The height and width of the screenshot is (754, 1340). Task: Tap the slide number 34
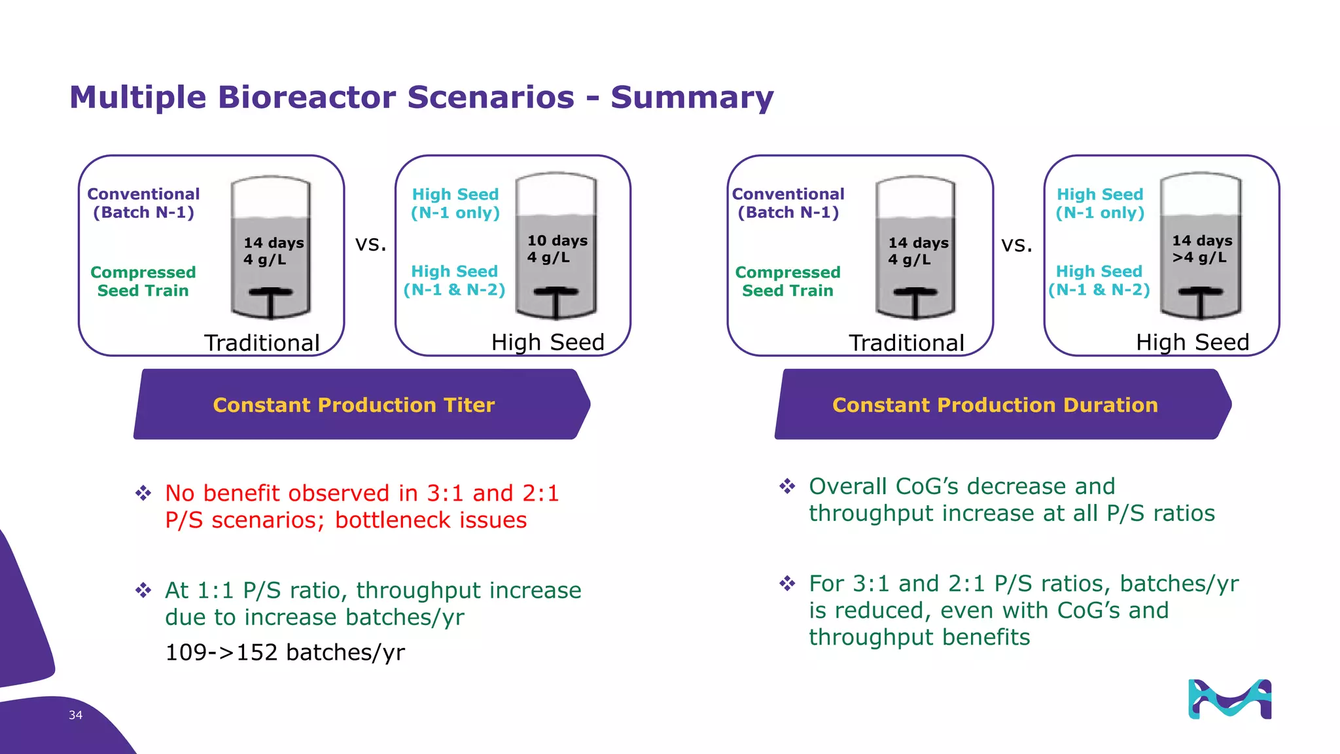tap(75, 715)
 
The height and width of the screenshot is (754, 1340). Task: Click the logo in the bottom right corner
tap(1229, 700)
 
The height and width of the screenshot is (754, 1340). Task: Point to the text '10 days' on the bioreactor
tap(557, 241)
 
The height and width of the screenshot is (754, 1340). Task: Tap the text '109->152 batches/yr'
tap(285, 653)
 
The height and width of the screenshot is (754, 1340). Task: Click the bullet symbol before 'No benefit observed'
tap(143, 493)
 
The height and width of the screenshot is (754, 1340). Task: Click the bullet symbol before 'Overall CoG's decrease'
tap(787, 486)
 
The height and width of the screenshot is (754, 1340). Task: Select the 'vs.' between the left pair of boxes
tap(370, 244)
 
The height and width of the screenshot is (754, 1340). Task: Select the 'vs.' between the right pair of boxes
tap(1016, 245)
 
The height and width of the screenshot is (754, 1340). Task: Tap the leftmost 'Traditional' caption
tap(262, 343)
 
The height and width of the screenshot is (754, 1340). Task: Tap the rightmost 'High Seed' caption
tap(1192, 342)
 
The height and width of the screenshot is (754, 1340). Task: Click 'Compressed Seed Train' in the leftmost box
tap(143, 281)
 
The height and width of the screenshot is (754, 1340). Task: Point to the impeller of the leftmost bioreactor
tap(270, 298)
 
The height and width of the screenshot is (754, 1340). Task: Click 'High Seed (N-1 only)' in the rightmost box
tap(1100, 204)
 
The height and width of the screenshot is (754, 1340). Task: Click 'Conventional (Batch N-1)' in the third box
tap(788, 204)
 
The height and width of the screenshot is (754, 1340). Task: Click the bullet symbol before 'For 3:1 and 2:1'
tap(787, 583)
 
